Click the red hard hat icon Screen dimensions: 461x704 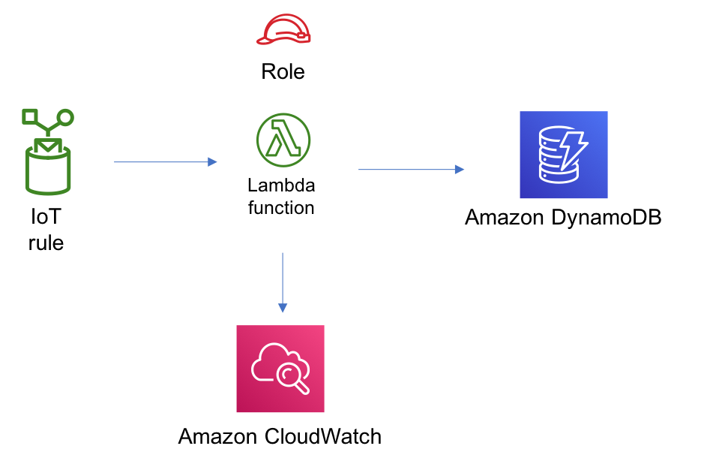click(285, 27)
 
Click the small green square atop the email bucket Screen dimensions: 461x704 click(30, 116)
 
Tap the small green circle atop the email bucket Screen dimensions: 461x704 click(65, 117)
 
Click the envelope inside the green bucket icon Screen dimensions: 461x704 click(48, 146)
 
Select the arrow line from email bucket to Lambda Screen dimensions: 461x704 click(161, 162)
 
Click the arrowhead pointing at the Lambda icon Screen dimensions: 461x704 click(213, 162)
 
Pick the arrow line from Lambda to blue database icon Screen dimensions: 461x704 click(405, 170)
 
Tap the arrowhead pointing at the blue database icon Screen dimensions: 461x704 click(460, 170)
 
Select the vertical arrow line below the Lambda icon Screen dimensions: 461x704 click(283, 278)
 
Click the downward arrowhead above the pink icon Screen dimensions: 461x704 click(283, 308)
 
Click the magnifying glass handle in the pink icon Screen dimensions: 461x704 click(303, 388)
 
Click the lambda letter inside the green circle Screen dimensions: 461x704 click(284, 139)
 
